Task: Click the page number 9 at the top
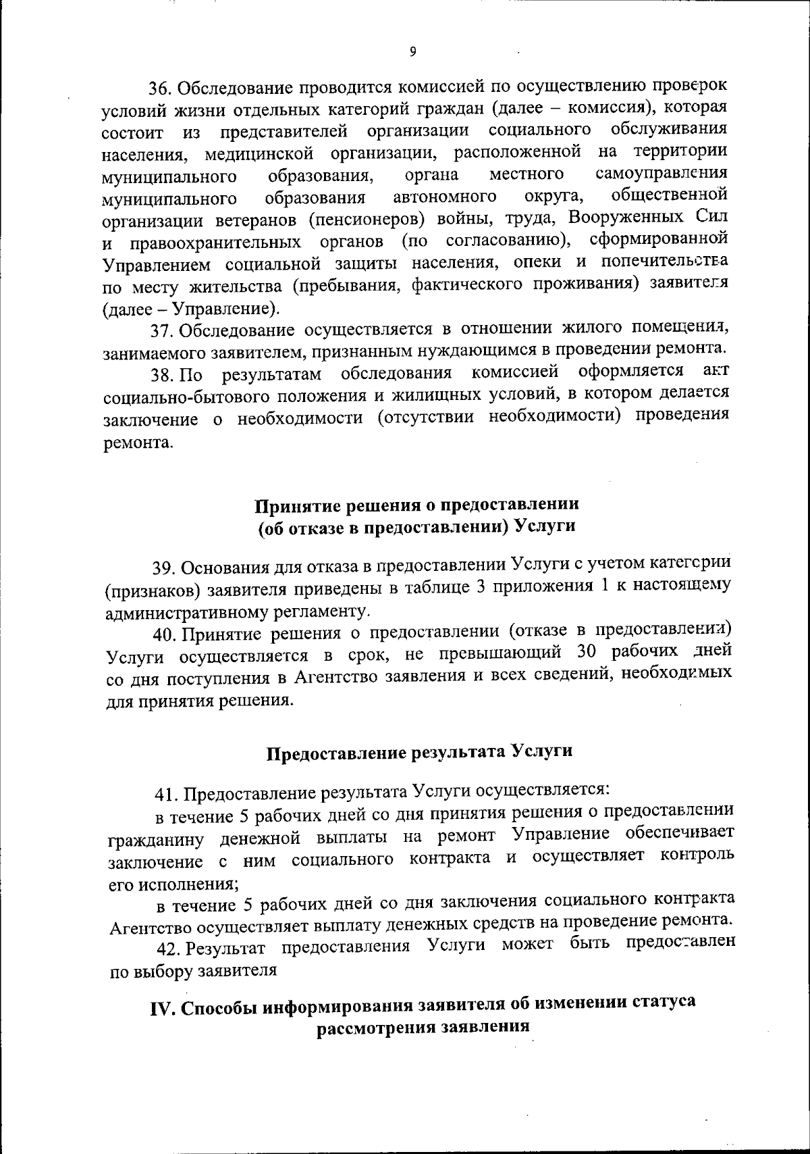[x=412, y=52]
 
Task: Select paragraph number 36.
[x=161, y=89]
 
